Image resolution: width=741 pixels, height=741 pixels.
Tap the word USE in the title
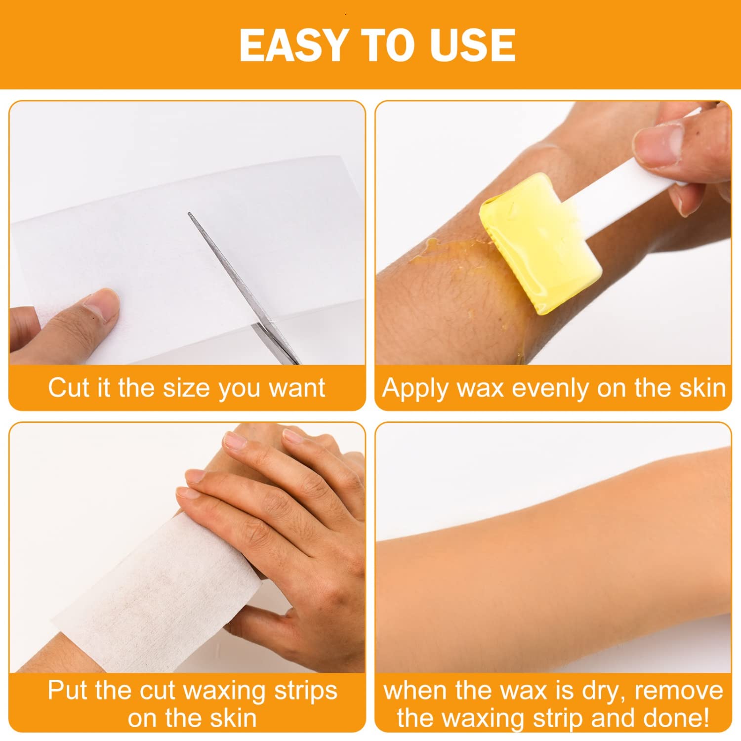472,45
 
